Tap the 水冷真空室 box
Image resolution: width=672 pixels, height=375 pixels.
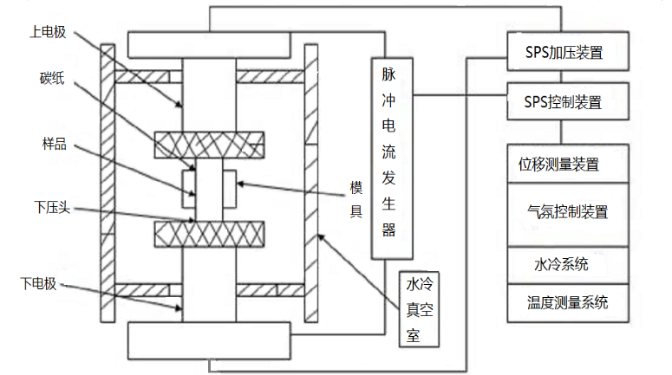tap(417, 310)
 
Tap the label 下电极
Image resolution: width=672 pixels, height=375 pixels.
tap(39, 283)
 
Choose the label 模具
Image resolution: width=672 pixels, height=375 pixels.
tap(356, 201)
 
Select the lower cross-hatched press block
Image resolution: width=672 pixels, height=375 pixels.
tap(209, 233)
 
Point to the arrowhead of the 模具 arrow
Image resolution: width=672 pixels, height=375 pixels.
tap(238, 184)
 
